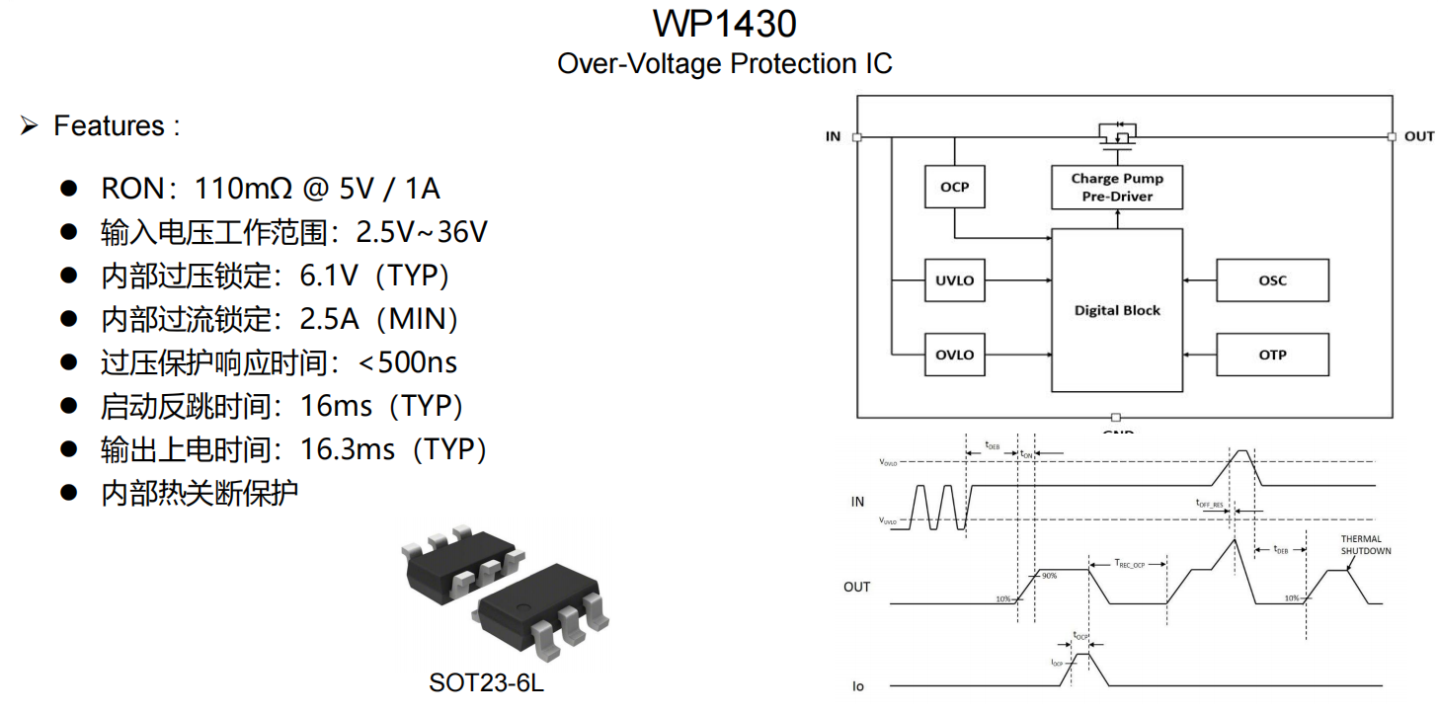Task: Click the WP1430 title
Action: pyautogui.click(x=725, y=23)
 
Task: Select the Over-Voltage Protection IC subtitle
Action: pyautogui.click(x=725, y=64)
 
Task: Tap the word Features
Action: pyautogui.click(x=109, y=126)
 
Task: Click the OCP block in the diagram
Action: pyautogui.click(x=954, y=187)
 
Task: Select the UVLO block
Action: pyautogui.click(x=954, y=280)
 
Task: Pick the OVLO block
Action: pyautogui.click(x=954, y=355)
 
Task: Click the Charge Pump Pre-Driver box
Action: pyautogui.click(x=1117, y=187)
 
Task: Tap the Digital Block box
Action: pyautogui.click(x=1117, y=310)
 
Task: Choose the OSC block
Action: pyautogui.click(x=1272, y=280)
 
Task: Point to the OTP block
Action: pyautogui.click(x=1272, y=355)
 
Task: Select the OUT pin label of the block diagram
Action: pyautogui.click(x=1418, y=136)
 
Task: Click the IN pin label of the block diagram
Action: pyautogui.click(x=833, y=136)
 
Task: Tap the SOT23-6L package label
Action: pyautogui.click(x=486, y=682)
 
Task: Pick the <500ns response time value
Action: pyautogui.click(x=407, y=362)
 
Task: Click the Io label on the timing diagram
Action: pyautogui.click(x=857, y=685)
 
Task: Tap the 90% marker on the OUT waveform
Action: pyautogui.click(x=1049, y=575)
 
